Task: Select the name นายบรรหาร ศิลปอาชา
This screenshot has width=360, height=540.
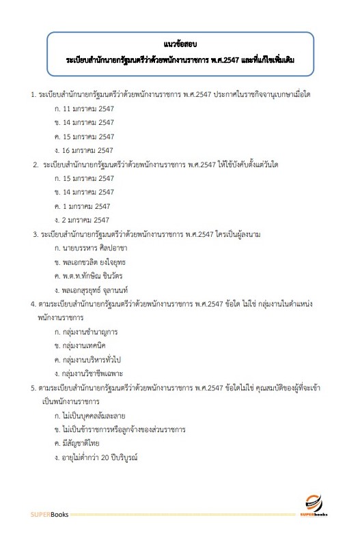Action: click(x=94, y=249)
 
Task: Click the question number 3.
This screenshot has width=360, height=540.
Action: click(x=36, y=234)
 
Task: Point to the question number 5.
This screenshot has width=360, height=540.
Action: click(x=33, y=388)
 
